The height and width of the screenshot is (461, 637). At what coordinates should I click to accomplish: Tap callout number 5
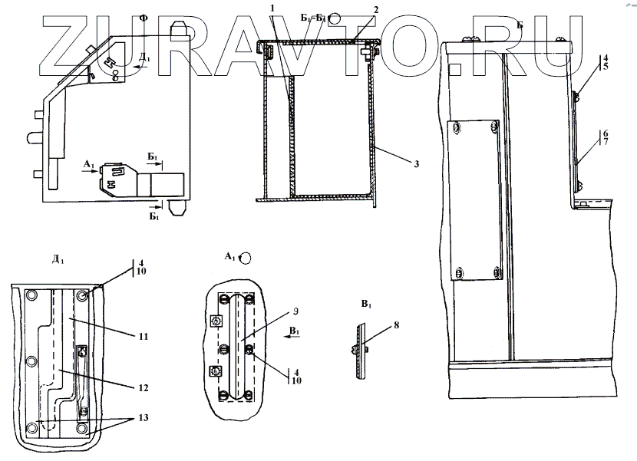click(x=606, y=67)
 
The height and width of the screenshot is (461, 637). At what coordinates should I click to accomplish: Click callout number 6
click(x=606, y=133)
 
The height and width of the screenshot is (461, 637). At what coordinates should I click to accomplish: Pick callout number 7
click(x=606, y=143)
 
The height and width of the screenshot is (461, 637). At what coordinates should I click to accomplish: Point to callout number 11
click(x=143, y=336)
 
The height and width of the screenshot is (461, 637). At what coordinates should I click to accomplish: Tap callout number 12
click(x=143, y=388)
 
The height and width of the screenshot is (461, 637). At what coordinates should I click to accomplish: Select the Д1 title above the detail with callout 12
click(x=58, y=260)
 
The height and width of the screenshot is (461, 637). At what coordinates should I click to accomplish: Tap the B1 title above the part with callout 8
click(x=366, y=305)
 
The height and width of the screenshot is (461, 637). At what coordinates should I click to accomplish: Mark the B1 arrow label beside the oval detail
click(x=294, y=331)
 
